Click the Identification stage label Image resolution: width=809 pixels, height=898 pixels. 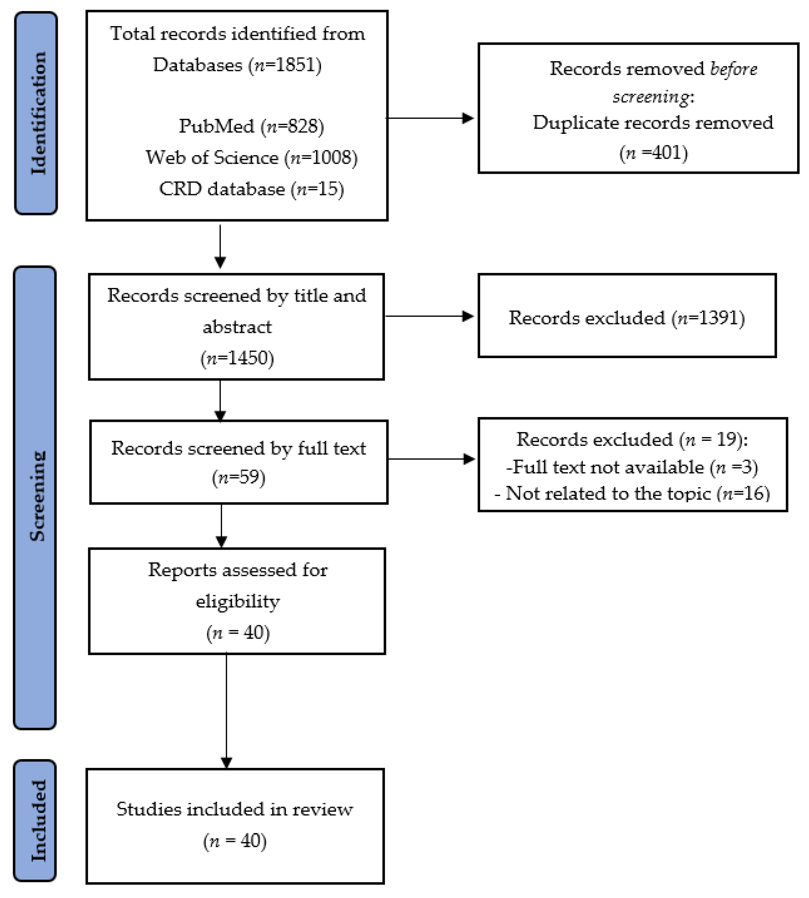pyautogui.click(x=36, y=113)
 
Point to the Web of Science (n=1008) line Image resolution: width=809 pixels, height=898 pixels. pyautogui.click(x=251, y=158)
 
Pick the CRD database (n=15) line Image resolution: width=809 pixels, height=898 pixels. pyautogui.click(x=251, y=189)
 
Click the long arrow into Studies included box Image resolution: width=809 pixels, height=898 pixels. pyautogui.click(x=227, y=711)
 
